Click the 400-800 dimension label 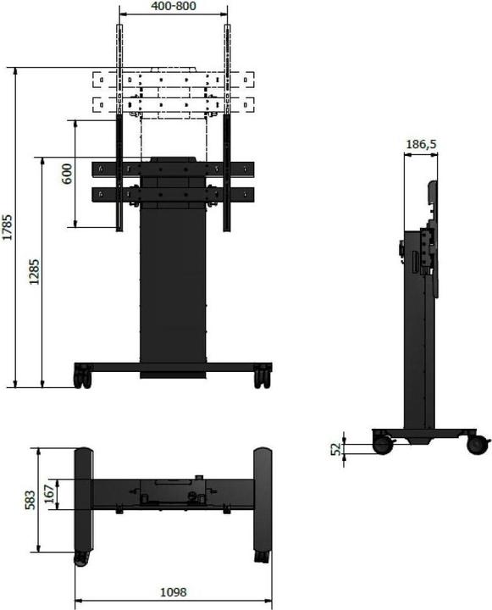tap(173, 7)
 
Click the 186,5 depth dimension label tap(420, 145)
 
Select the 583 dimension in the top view tap(30, 501)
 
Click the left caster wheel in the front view tap(82, 376)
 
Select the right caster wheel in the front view tap(262, 376)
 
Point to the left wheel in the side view tap(383, 442)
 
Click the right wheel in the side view tap(478, 442)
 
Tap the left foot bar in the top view tap(83, 503)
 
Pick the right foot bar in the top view tap(262, 503)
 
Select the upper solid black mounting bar tap(173, 168)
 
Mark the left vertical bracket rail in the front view tap(119, 127)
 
